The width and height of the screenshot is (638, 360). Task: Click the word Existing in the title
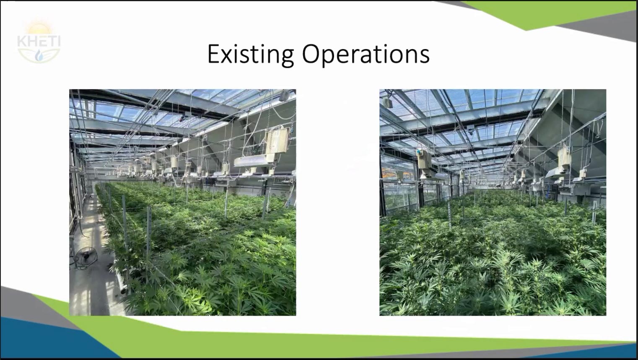pyautogui.click(x=251, y=54)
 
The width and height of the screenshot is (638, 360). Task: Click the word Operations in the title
pyautogui.click(x=366, y=54)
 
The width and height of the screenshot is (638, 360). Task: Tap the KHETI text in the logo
pyautogui.click(x=39, y=41)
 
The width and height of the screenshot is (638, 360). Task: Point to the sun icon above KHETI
pyautogui.click(x=39, y=28)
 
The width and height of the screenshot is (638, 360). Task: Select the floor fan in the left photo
pyautogui.click(x=86, y=258)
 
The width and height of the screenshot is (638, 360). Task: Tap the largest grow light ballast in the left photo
pyautogui.click(x=277, y=140)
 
